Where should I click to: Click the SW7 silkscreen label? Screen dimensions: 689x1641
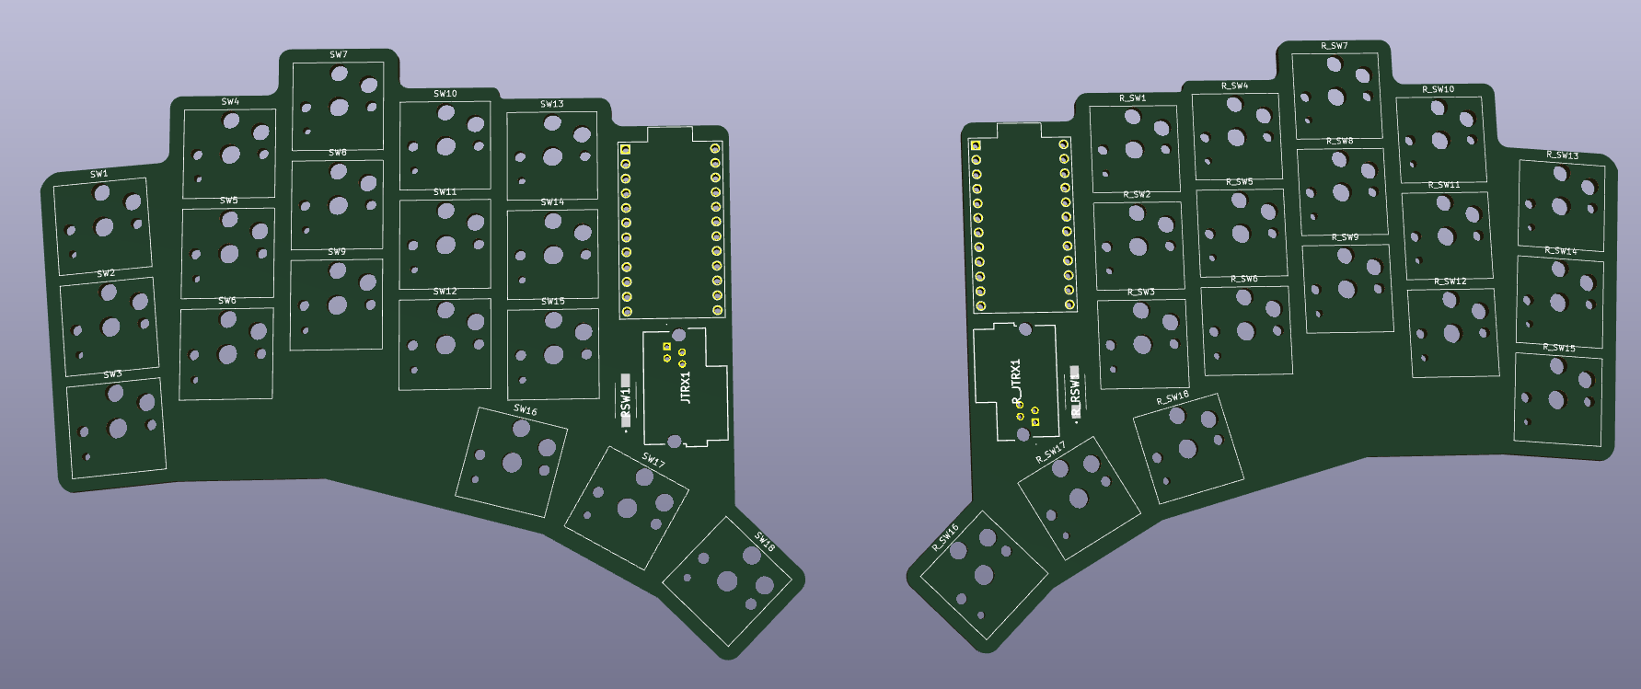pyautogui.click(x=339, y=55)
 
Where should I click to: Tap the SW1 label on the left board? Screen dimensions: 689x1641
pyautogui.click(x=99, y=174)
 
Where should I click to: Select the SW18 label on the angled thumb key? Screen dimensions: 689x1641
pyautogui.click(x=765, y=542)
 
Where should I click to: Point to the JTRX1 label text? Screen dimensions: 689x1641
pyautogui.click(x=685, y=386)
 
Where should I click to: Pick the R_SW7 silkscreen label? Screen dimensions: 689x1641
pyautogui.click(x=1334, y=46)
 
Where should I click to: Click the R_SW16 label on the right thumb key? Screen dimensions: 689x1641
pyautogui.click(x=945, y=536)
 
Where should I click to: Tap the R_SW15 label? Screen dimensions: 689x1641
pyautogui.click(x=1559, y=348)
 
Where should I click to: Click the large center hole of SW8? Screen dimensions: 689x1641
pyautogui.click(x=339, y=206)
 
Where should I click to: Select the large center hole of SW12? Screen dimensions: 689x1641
pyautogui.click(x=445, y=345)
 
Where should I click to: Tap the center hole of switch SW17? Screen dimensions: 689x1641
pyautogui.click(x=628, y=508)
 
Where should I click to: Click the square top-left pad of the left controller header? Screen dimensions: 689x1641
pyautogui.click(x=625, y=149)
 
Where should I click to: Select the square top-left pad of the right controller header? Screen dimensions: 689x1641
pyautogui.click(x=977, y=145)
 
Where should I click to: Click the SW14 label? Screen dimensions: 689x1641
pyautogui.click(x=552, y=202)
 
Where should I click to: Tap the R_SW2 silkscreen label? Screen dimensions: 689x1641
pyautogui.click(x=1137, y=195)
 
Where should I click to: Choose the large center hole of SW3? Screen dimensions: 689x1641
pyautogui.click(x=118, y=428)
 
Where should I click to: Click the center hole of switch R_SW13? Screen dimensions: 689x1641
pyautogui.click(x=1559, y=207)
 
